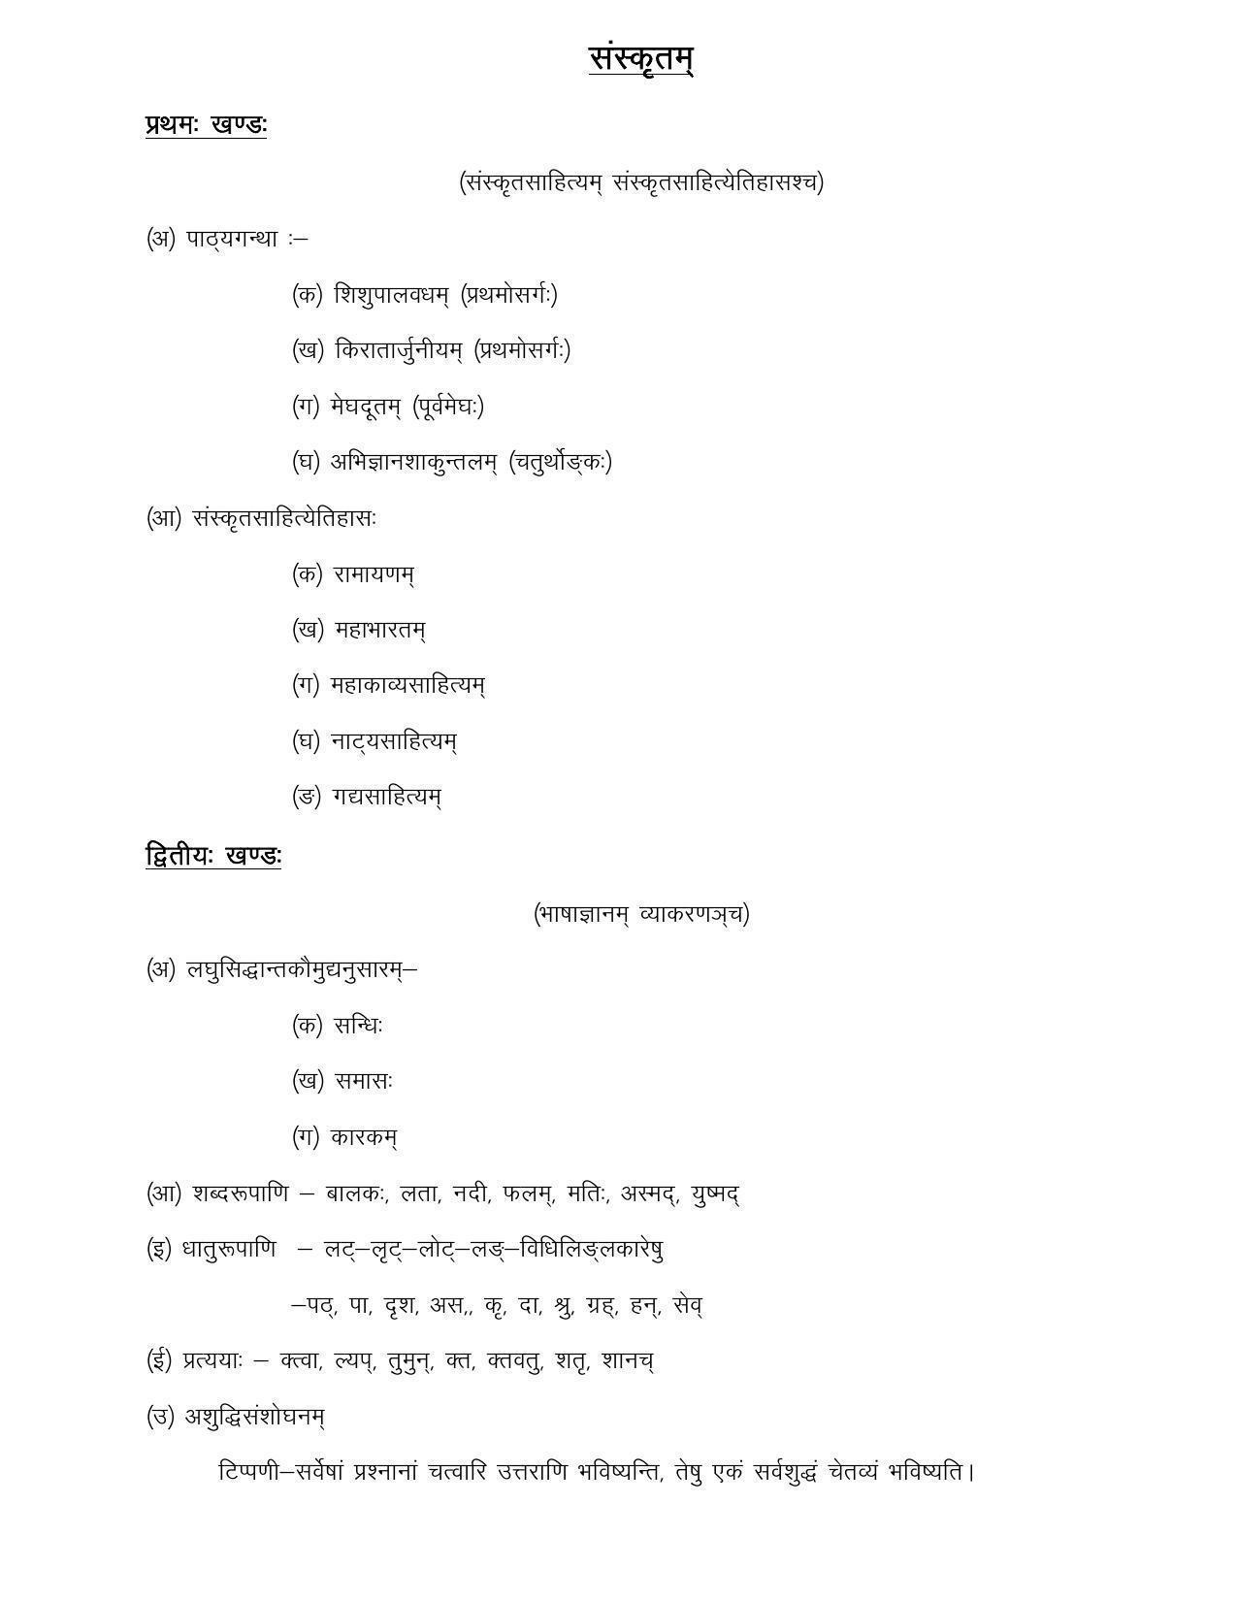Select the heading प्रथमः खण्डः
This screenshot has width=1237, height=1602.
206,125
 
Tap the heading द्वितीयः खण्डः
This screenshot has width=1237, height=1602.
213,857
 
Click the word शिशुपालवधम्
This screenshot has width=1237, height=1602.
392,294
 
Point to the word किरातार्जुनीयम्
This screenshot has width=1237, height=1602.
399,350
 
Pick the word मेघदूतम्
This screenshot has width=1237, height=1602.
365,407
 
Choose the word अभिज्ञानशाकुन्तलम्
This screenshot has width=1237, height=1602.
414,462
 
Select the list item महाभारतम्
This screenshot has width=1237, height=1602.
380,630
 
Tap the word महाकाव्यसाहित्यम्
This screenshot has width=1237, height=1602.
407,685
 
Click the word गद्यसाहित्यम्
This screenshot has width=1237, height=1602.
386,797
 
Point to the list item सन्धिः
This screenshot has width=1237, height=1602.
358,1026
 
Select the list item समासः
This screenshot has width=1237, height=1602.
364,1081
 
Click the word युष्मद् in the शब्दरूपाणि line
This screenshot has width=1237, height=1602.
716,1193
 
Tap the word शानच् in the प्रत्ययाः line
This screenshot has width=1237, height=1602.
628,1361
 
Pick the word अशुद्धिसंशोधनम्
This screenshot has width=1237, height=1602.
254,1417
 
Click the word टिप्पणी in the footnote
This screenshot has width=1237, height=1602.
251,1472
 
